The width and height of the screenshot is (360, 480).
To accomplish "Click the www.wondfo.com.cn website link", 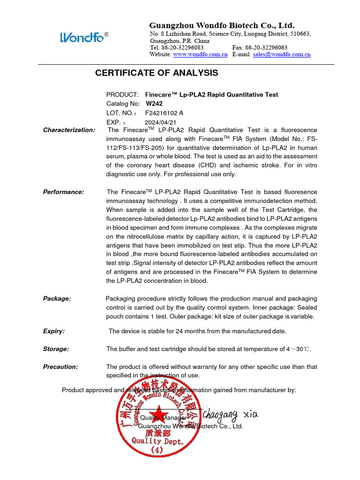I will [x=200, y=54].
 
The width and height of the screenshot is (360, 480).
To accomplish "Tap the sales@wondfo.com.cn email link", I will [x=282, y=54].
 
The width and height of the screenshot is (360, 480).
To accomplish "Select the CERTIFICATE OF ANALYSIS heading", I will [x=157, y=73].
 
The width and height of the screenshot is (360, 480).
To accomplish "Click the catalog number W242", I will [x=154, y=104].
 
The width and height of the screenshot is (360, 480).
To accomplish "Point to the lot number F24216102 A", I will [x=164, y=113].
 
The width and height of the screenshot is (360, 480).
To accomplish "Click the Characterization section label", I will [x=69, y=130].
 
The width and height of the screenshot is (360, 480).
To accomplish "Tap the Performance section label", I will [x=64, y=192].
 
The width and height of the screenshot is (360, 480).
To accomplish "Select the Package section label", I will [x=57, y=299].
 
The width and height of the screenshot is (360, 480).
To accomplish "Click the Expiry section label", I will [x=54, y=331].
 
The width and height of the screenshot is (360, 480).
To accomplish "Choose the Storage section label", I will [x=56, y=349].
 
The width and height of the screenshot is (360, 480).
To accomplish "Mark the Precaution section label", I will [x=60, y=367].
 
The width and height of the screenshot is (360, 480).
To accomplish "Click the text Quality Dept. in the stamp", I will [x=157, y=441].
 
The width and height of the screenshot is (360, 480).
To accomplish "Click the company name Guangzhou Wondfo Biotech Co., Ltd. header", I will [x=222, y=25].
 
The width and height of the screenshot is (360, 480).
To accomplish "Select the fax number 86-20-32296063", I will [x=267, y=48].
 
